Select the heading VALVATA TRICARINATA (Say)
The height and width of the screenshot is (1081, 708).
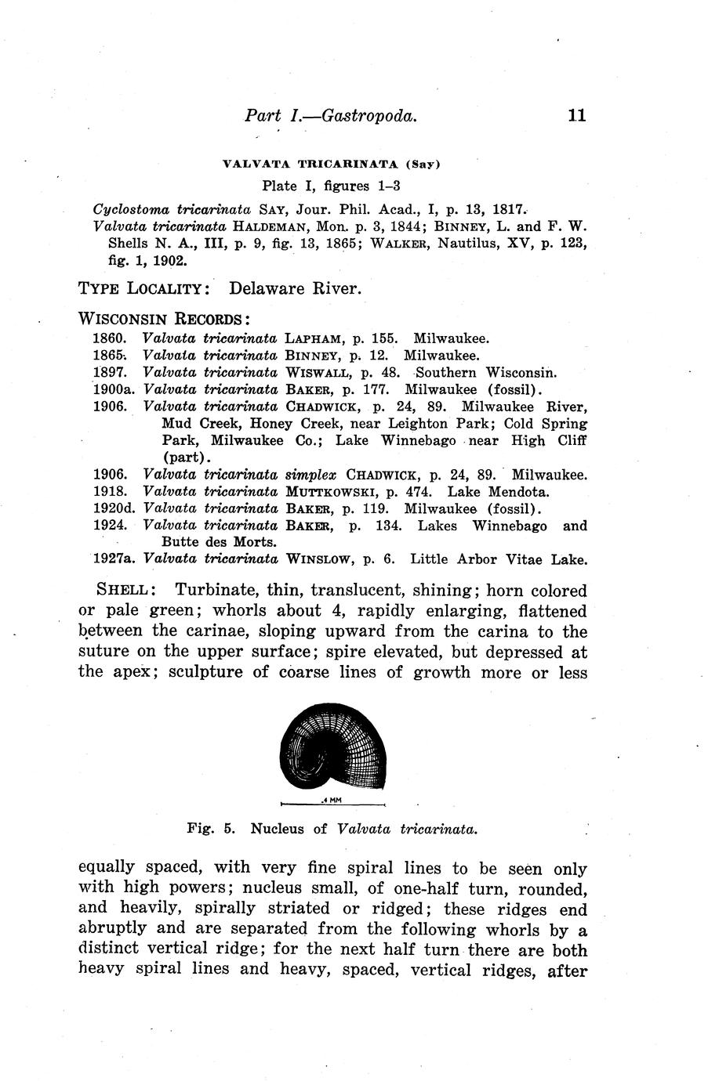coord(332,164)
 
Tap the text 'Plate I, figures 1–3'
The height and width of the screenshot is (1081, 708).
coord(331,186)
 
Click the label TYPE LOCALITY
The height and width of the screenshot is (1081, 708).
coord(143,288)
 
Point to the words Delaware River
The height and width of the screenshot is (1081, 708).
coord(295,288)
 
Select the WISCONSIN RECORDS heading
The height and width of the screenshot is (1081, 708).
coord(165,320)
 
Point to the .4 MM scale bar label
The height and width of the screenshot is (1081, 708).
coord(331,802)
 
